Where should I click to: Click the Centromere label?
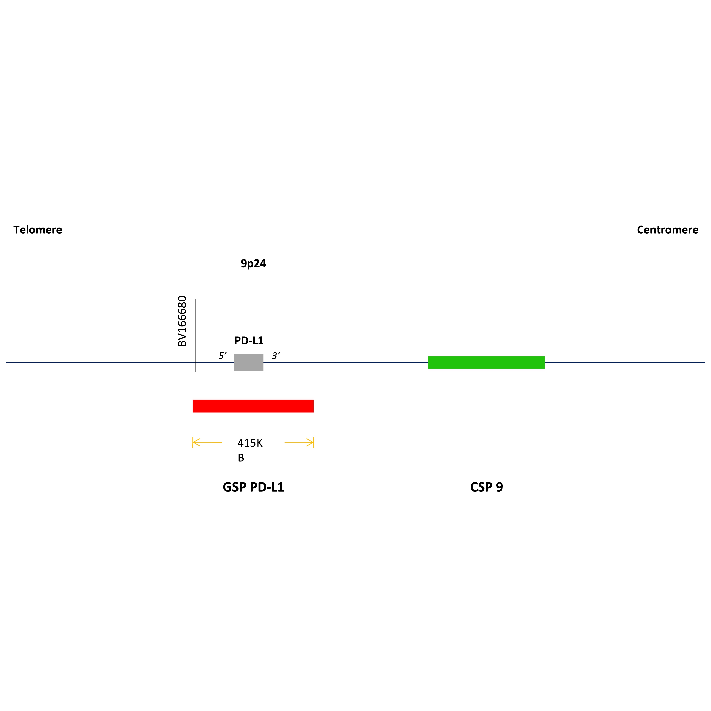[x=667, y=230]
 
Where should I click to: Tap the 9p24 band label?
[x=253, y=263]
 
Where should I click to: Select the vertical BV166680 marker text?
[x=182, y=321]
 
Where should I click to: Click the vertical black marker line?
[x=196, y=336]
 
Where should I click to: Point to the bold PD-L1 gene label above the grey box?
[x=249, y=340]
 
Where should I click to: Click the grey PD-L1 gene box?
[x=249, y=362]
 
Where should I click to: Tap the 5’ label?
[x=222, y=355]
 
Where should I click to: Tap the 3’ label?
[x=276, y=355]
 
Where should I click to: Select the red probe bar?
[x=253, y=406]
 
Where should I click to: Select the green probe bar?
[x=486, y=362]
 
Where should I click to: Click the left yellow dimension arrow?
[x=207, y=442]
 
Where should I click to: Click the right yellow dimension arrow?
[x=299, y=442]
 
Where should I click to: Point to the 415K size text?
[x=250, y=443]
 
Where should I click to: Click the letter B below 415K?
[x=241, y=458]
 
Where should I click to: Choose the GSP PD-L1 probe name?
[x=253, y=487]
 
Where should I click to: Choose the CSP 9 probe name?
[x=486, y=487]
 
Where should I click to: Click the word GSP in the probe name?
[x=234, y=487]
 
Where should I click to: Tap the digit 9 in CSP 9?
[x=499, y=487]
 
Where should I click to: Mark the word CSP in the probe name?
[x=481, y=487]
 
